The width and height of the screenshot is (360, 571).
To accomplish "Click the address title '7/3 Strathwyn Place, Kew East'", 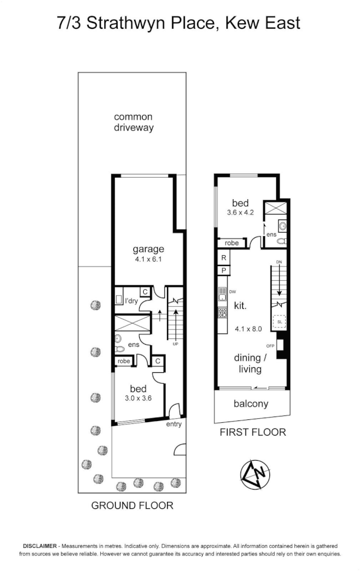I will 179,23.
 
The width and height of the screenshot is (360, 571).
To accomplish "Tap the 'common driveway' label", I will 134,122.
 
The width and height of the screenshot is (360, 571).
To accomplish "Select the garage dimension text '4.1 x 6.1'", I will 148,260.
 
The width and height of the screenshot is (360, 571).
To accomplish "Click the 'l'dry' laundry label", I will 131,301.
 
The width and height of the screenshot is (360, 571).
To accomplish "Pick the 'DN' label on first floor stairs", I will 278,262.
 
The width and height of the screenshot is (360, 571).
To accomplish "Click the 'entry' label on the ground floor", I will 174,424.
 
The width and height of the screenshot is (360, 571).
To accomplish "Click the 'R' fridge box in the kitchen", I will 224,258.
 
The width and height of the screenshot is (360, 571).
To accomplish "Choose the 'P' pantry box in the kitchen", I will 224,271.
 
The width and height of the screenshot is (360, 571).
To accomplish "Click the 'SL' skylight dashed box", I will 279,321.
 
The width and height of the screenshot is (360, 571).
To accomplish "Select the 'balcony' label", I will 251,404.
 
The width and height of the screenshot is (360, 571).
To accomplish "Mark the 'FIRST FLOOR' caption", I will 252,432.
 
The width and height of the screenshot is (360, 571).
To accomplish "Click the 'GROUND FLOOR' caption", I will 132,505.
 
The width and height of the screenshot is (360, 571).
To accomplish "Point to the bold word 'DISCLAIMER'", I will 40,546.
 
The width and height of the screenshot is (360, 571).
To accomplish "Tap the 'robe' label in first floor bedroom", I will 232,243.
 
